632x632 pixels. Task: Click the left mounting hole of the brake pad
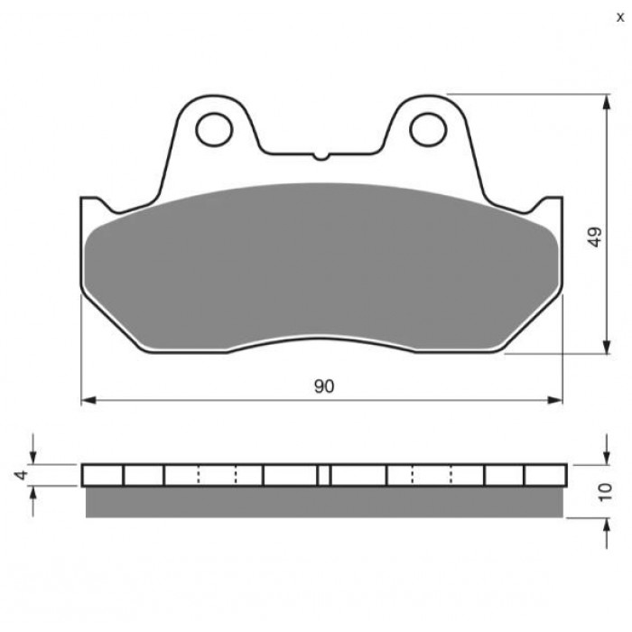(214, 129)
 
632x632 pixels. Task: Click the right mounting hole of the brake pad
(428, 129)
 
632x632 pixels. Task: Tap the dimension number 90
(324, 386)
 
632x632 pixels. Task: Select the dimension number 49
(595, 237)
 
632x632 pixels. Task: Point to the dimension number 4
(22, 474)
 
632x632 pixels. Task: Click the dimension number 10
(605, 492)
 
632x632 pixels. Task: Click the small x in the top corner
(620, 17)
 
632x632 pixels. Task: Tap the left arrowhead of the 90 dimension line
(88, 400)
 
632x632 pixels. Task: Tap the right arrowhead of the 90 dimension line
(554, 400)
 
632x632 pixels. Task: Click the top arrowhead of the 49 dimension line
(606, 102)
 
